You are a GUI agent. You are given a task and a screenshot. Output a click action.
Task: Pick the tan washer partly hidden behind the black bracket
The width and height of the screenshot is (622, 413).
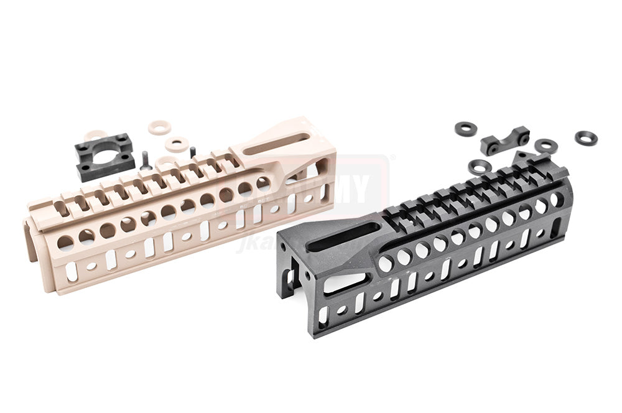point(95,135)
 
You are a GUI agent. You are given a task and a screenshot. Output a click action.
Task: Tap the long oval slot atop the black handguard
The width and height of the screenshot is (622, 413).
point(341,238)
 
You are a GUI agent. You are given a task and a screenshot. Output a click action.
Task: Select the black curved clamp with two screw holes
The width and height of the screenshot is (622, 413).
point(504,140)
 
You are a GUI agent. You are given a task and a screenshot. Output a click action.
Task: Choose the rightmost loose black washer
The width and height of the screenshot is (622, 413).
point(585,137)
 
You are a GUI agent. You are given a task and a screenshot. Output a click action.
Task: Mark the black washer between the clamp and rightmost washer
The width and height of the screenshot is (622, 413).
point(545,146)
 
